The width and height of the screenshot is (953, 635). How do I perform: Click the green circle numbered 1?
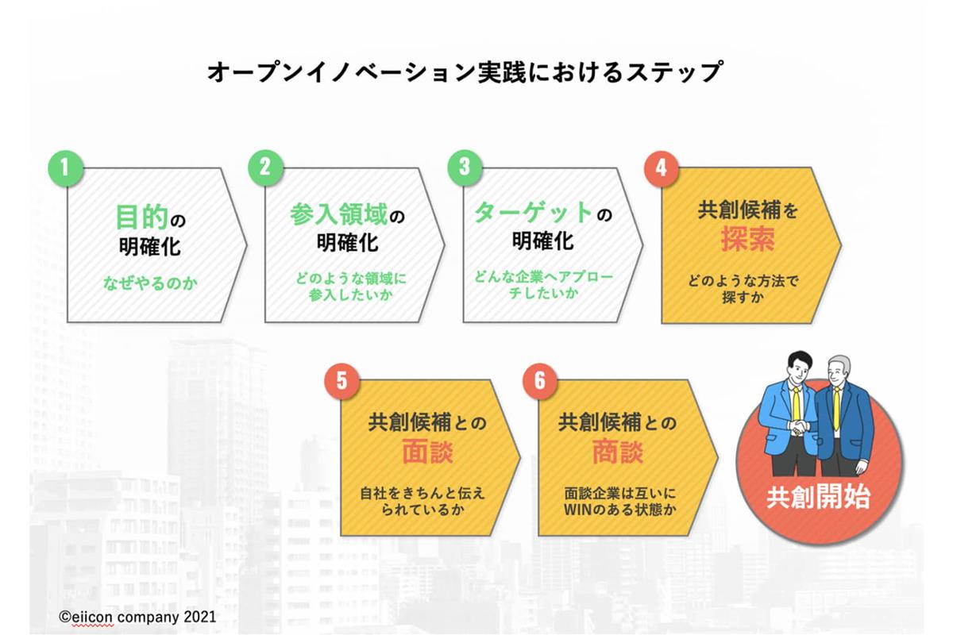pos(65,167)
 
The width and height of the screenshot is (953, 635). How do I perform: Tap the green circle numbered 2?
pos(265,167)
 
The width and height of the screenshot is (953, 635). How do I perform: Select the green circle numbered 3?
pos(465,167)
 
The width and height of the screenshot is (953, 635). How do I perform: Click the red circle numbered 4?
pos(661,168)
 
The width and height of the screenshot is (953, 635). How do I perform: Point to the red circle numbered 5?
pos(342,381)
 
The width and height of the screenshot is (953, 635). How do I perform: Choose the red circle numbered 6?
pos(540,381)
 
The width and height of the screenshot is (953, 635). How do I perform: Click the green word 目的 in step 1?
pos(142,217)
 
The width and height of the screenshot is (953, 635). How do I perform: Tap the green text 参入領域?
pos(338,214)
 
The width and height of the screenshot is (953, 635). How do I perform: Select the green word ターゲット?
pos(534,212)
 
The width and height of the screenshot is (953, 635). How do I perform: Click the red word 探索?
pos(747,239)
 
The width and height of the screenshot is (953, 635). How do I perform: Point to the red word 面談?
pos(427,452)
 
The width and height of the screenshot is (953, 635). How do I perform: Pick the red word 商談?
pos(618,452)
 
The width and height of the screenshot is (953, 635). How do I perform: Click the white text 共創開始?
pos(818,497)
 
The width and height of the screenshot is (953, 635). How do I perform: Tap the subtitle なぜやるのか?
pos(150,283)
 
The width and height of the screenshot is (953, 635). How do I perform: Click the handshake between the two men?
pos(801,427)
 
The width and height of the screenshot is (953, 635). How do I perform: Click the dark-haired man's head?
pos(798,367)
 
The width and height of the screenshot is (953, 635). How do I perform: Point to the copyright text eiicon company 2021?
pos(137,617)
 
